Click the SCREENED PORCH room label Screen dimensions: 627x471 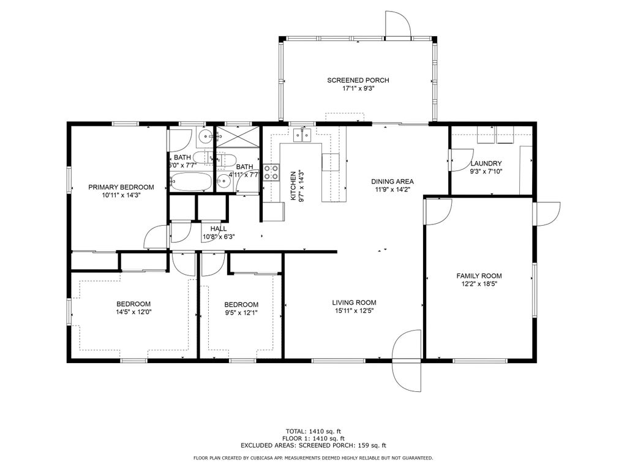(358, 80)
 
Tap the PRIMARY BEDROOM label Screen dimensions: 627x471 (121, 187)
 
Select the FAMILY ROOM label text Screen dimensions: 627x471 (479, 276)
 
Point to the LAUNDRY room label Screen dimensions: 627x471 (486, 163)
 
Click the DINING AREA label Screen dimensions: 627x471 (392, 182)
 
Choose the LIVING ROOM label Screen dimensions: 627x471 (355, 303)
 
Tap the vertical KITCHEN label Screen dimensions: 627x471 (293, 186)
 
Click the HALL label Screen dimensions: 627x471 (219, 229)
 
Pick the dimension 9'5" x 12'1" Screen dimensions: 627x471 (241, 313)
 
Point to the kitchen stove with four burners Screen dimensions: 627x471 (271, 172)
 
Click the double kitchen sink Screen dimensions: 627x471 (302, 135)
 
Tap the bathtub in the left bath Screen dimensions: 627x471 (190, 182)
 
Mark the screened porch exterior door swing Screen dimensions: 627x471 (398, 25)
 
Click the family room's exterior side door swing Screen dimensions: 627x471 (547, 214)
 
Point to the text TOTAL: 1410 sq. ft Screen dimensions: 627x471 (313, 431)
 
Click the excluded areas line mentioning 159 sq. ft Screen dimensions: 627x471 (313, 445)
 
